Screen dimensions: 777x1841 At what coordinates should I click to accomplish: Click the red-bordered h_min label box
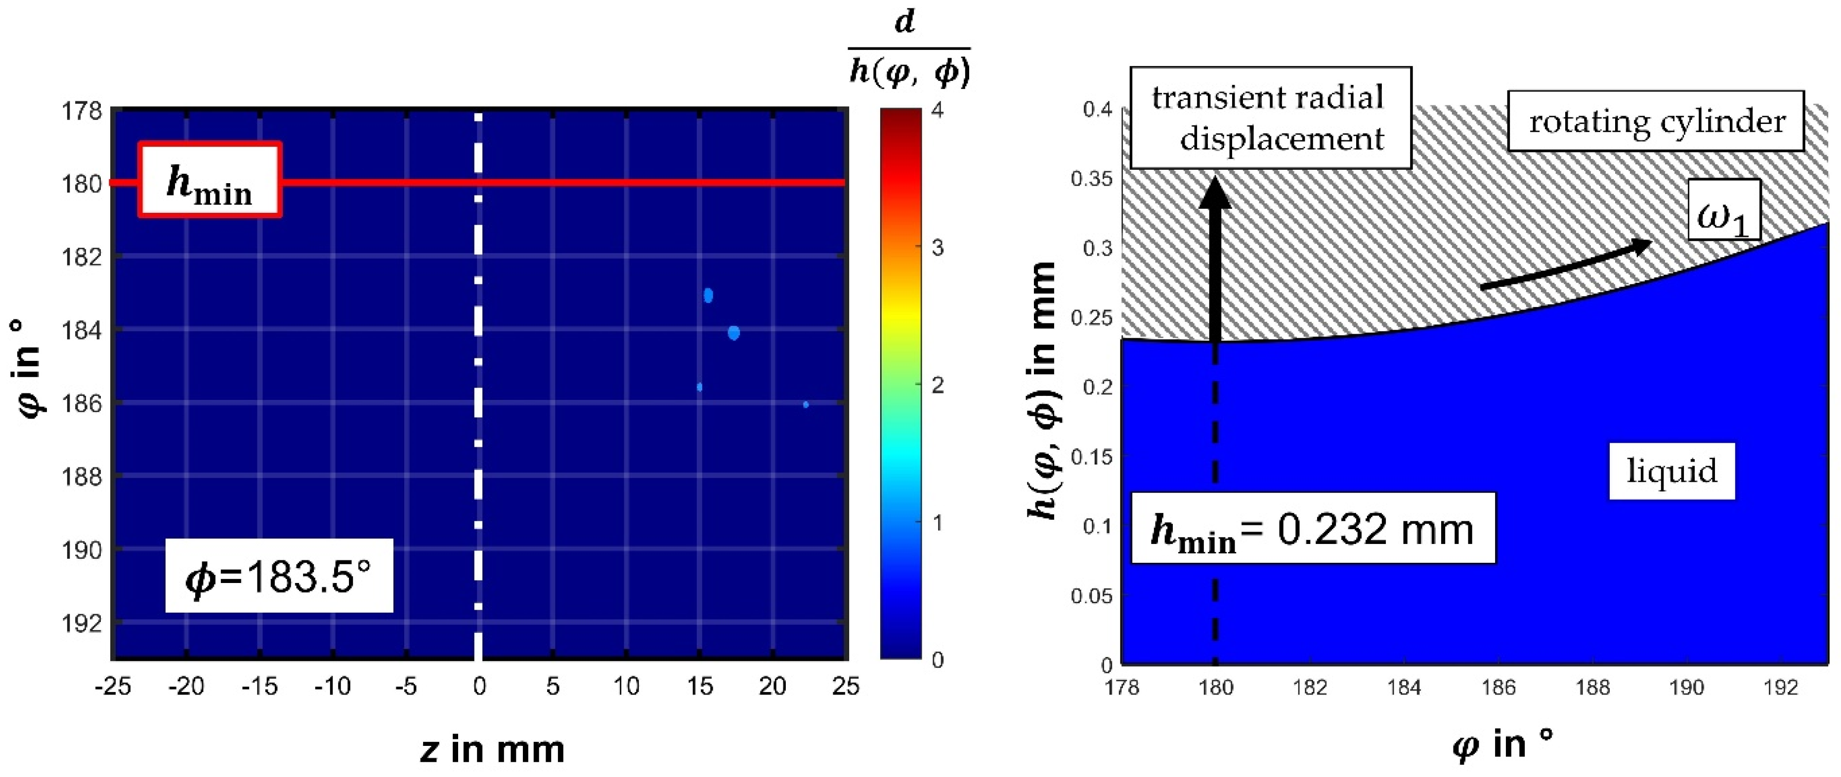210,180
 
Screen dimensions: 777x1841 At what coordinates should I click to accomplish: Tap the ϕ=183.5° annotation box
279,576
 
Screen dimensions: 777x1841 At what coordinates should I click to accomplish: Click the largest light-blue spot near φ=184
733,333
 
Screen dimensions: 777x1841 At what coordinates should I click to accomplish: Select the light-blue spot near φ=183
708,295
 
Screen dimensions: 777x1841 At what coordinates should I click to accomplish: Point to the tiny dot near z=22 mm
806,404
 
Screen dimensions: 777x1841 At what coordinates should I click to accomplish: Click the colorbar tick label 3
938,248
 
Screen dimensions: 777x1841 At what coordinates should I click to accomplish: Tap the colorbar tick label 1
938,523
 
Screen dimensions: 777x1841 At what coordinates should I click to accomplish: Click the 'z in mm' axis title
492,750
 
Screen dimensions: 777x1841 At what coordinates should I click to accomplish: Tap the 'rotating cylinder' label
1655,120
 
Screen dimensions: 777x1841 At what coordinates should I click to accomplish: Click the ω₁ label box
1723,210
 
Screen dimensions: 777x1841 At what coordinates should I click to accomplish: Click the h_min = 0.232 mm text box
1312,529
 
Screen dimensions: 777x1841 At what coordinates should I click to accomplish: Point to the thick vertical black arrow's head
1214,194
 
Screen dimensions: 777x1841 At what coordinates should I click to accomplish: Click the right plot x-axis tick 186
1498,687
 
